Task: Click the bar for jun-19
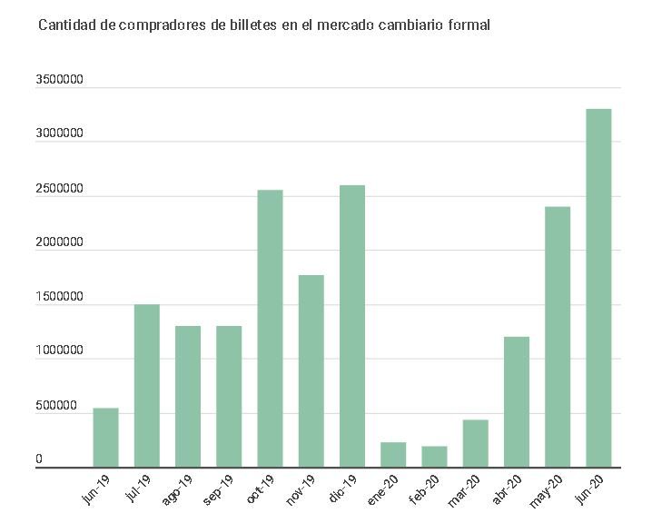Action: [x=105, y=438]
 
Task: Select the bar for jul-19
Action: [x=146, y=386]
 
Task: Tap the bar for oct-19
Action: [x=270, y=329]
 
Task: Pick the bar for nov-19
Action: [x=311, y=371]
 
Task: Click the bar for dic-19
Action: [x=352, y=327]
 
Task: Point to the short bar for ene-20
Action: [x=393, y=455]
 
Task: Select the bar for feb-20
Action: [x=434, y=457]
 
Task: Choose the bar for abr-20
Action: [x=517, y=402]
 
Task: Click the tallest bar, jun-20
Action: [x=598, y=288]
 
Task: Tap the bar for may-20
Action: [x=558, y=337]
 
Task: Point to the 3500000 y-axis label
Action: [x=60, y=80]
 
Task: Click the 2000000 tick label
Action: [x=60, y=242]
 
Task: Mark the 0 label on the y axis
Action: [x=39, y=459]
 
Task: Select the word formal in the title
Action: [x=469, y=25]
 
